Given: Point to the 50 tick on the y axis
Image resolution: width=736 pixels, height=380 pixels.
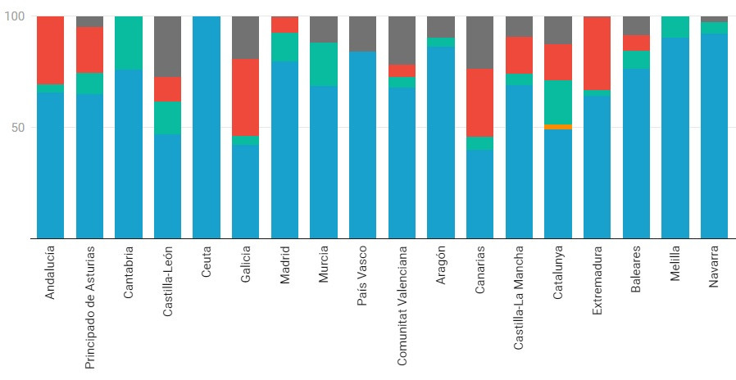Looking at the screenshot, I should coord(19,128).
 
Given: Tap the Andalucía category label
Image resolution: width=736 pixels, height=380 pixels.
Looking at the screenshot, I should coord(51,271).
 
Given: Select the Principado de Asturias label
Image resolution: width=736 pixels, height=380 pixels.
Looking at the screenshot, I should coord(89,306).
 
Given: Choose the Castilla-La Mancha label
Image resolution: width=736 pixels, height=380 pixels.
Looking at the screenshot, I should coord(519,297).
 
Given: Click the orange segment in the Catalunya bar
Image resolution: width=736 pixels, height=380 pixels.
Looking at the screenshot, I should coord(557,127).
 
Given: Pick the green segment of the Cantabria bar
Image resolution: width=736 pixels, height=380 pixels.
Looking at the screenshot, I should coord(129,43).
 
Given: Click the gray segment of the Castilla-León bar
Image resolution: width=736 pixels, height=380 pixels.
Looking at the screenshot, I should coord(167,47).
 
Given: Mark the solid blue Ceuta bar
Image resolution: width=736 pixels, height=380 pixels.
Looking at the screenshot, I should coord(207,127).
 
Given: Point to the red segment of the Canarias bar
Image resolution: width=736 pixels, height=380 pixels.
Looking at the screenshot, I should coord(480,102).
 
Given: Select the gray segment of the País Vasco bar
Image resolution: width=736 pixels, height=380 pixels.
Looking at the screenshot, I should coord(362,34).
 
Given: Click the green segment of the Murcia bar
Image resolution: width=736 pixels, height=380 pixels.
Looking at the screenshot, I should coord(324,64).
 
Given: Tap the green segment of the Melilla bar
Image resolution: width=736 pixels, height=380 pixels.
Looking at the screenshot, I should coord(675,27).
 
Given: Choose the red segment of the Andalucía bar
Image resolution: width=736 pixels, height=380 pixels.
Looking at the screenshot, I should coord(51,50).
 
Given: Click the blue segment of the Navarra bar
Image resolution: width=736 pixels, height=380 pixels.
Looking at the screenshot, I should coord(714,135).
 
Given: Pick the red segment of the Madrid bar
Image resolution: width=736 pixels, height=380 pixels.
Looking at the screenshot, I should coord(284,25).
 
